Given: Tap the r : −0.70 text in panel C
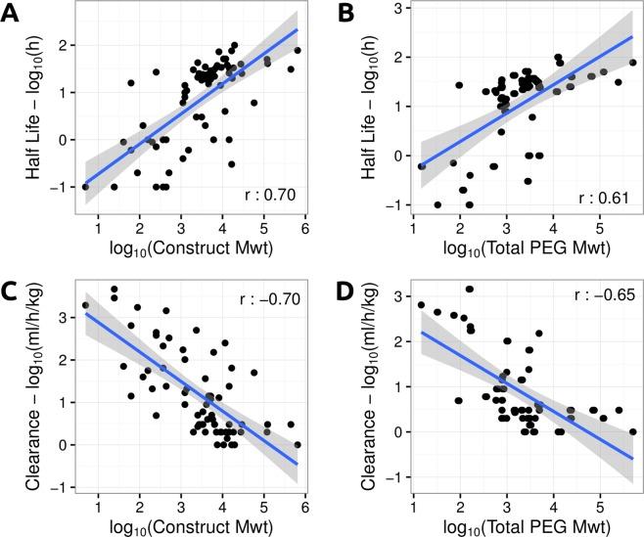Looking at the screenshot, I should point(271,293).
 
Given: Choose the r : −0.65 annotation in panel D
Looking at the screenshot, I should point(599,293).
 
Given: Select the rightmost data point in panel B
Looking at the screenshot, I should point(632,63).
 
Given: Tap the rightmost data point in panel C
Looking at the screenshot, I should point(298,444).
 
